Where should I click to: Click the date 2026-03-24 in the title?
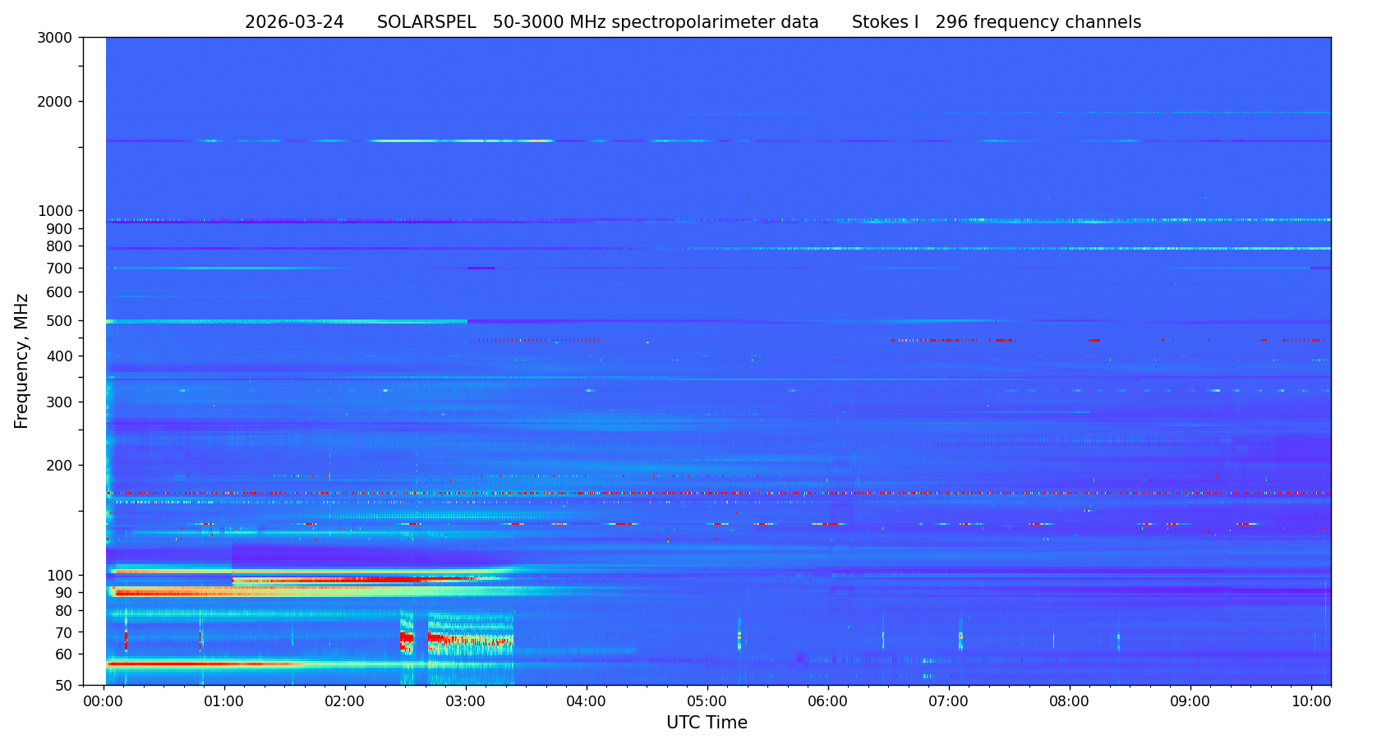pos(294,23)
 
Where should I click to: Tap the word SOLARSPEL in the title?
pos(426,23)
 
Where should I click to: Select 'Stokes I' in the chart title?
pos(885,23)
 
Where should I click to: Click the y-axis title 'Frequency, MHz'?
pos(22,361)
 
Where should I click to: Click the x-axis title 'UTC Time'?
pos(707,723)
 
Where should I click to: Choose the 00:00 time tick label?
pos(104,702)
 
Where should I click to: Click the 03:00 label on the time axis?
pos(466,702)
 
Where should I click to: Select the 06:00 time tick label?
pos(828,702)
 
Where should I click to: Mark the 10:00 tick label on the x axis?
pos(1311,702)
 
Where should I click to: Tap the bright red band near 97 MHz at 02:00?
pos(345,580)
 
